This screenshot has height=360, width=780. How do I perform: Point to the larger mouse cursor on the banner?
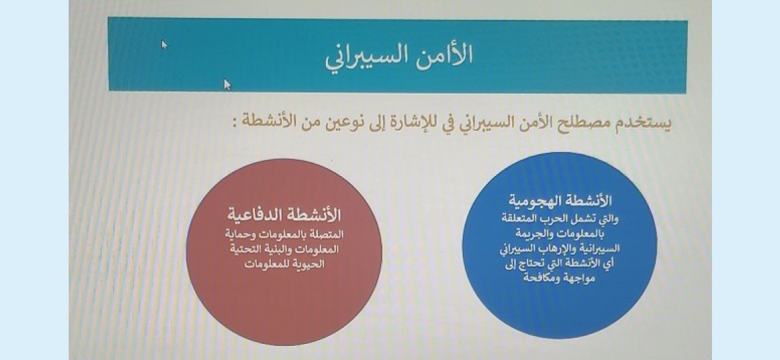(x=227, y=85)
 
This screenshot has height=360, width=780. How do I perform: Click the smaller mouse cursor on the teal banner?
(x=164, y=44)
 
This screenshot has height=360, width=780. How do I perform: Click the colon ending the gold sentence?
(x=234, y=121)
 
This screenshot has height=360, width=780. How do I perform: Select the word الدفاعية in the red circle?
(x=254, y=215)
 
